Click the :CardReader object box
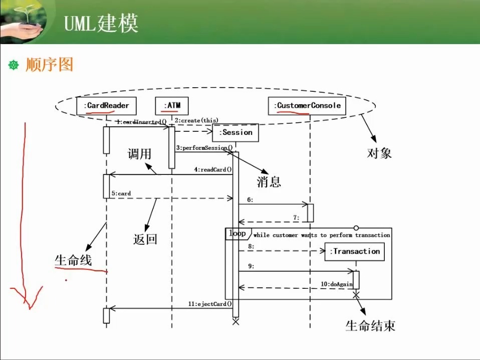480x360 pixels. (x=107, y=105)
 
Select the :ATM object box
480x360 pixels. (x=172, y=105)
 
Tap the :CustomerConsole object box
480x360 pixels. (x=307, y=105)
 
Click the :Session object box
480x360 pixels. (x=235, y=132)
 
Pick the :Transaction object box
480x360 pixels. (x=355, y=251)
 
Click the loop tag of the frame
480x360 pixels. (x=237, y=234)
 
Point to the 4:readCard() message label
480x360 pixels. (x=213, y=169)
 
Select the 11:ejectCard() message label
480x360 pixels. (x=210, y=304)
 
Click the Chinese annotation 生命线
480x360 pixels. (x=73, y=260)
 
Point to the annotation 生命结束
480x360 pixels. (x=370, y=326)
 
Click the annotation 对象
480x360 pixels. (x=379, y=153)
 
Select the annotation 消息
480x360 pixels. (x=269, y=182)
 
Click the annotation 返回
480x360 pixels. (x=145, y=239)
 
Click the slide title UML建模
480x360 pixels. (x=101, y=24)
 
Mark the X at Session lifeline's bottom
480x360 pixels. (x=236, y=322)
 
